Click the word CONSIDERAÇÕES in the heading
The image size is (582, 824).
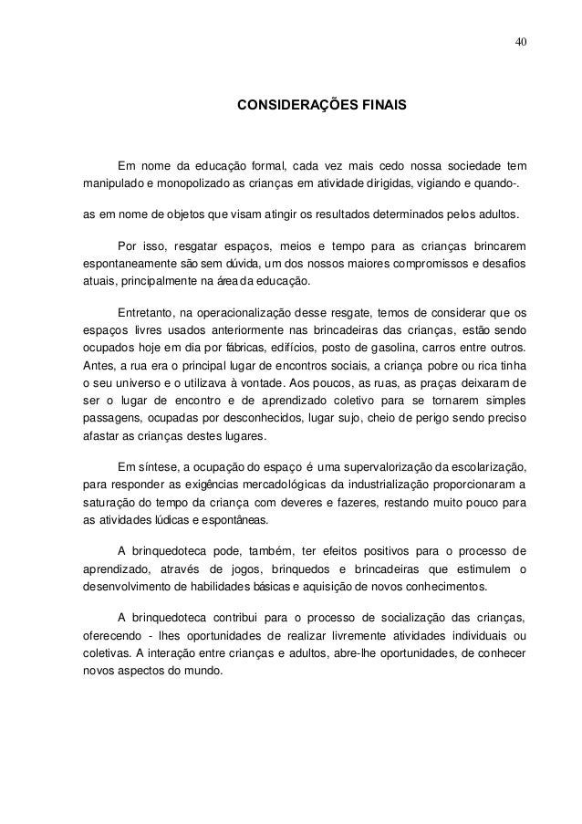pos(291,107)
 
